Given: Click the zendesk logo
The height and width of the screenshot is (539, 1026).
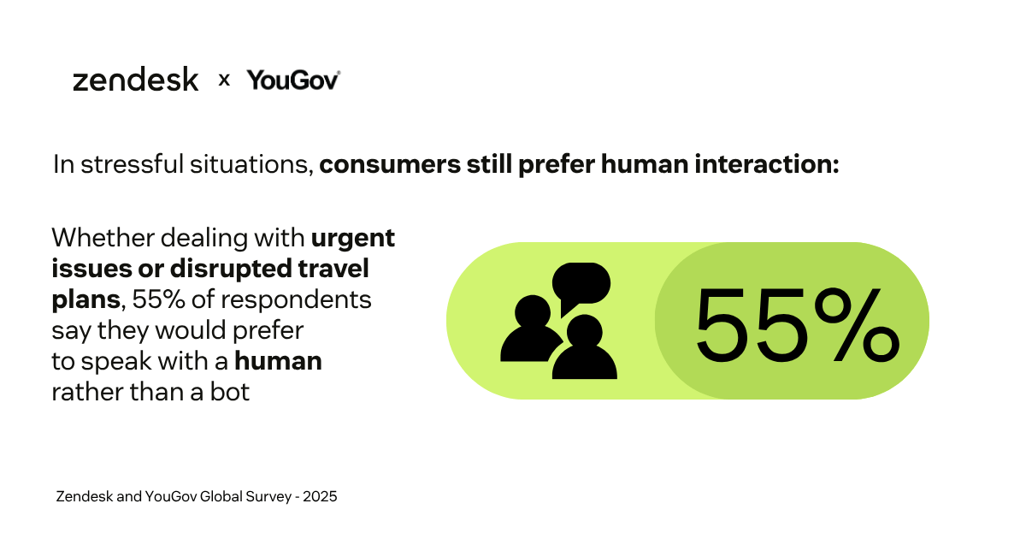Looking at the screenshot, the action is (x=136, y=79).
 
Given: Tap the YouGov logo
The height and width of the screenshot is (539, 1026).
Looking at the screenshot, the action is (x=293, y=80).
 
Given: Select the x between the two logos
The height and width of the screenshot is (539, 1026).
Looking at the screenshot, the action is (x=224, y=80).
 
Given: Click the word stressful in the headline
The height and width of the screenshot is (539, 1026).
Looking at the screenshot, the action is (x=132, y=164).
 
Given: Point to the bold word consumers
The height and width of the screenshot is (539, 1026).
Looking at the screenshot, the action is (x=390, y=165).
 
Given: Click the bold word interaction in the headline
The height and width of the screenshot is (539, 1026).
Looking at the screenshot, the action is (x=767, y=164).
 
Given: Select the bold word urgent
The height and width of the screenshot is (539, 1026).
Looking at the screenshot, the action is (x=352, y=240).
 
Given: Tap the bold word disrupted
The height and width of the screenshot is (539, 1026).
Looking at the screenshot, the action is (x=231, y=269).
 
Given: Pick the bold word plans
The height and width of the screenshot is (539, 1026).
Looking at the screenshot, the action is (x=85, y=300).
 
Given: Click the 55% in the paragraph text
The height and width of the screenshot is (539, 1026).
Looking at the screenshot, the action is (x=158, y=299).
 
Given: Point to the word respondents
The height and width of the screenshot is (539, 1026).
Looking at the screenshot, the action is (x=296, y=300).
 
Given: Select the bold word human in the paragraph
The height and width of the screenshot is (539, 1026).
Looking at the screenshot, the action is (x=278, y=361).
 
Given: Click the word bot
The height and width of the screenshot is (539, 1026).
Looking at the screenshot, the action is (x=230, y=392).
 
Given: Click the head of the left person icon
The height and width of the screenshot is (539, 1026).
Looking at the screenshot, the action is (x=532, y=312).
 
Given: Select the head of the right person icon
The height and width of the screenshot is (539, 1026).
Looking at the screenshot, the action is (x=585, y=332).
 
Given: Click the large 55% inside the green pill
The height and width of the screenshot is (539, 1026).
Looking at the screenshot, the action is (x=798, y=324).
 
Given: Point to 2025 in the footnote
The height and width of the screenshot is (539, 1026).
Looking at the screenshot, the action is (x=320, y=496).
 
